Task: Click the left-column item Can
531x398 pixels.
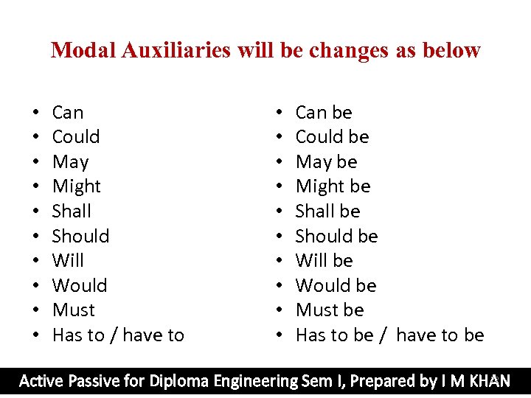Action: coord(68,113)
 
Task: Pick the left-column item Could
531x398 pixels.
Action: coord(76,137)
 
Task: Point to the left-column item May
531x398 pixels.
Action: coord(70,162)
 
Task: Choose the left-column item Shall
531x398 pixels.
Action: coord(72,212)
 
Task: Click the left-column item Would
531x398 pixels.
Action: coord(80,285)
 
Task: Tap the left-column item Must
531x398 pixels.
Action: coord(74,310)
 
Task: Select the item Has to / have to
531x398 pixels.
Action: coord(118,335)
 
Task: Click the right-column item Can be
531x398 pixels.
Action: coord(324,113)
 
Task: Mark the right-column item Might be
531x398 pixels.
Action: coord(333,186)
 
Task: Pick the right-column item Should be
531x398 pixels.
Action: coord(336,236)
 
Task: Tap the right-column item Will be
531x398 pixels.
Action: coord(324,261)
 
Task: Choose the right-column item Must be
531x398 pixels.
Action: coord(330,310)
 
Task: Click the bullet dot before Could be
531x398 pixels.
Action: coord(279,138)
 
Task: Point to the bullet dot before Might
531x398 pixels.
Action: coord(35,187)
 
